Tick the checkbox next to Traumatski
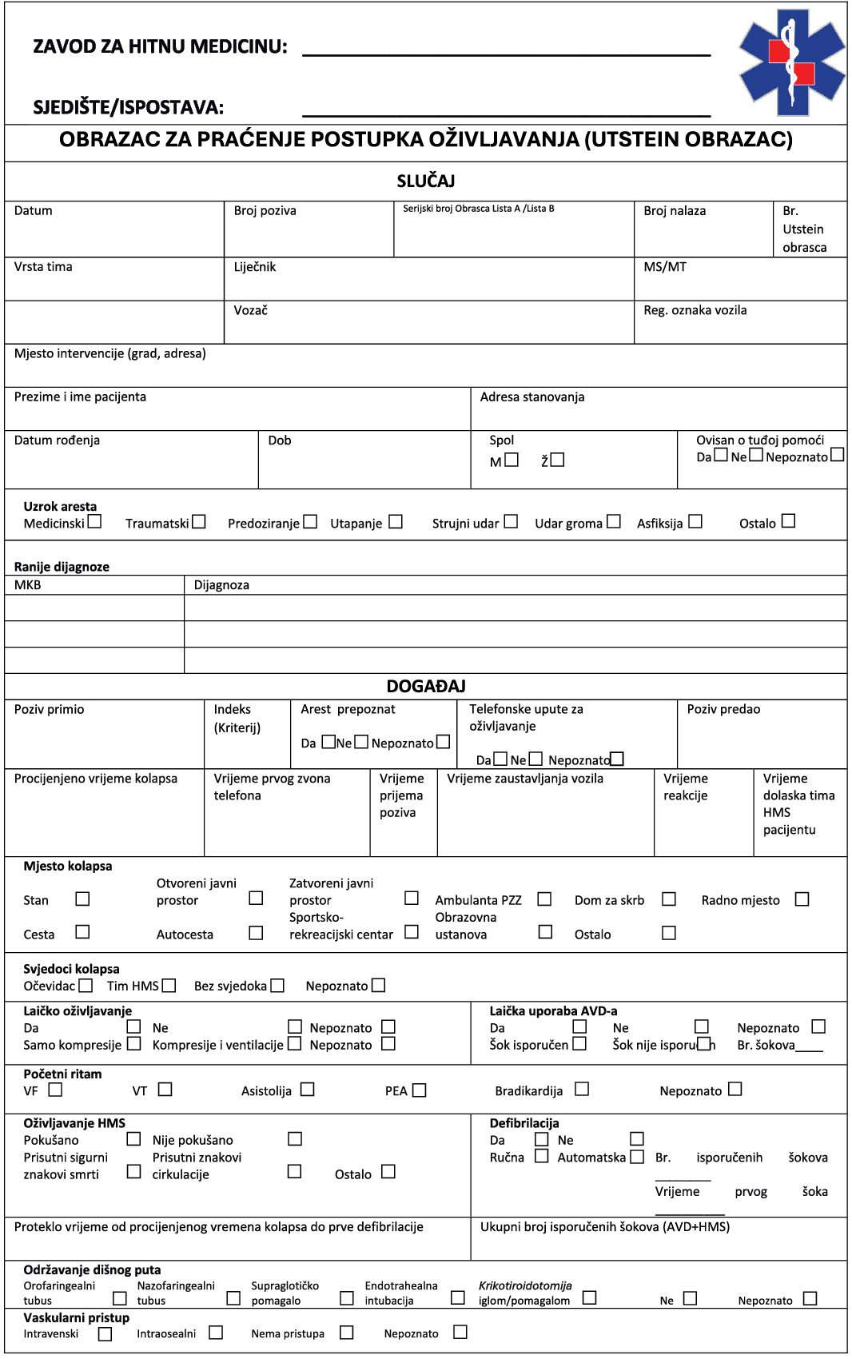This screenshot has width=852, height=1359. click(199, 522)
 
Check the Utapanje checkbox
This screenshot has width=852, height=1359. click(396, 522)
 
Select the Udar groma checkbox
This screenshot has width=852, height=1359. click(614, 522)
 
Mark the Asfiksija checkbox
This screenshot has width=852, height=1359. click(695, 522)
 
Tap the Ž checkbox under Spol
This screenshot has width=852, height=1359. click(558, 460)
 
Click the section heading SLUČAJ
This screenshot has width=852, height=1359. click(426, 181)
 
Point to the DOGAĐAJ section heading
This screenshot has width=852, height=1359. click(426, 687)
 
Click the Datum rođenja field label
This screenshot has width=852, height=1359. click(57, 440)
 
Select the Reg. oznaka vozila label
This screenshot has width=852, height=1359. click(695, 310)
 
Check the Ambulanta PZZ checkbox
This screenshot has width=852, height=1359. click(544, 899)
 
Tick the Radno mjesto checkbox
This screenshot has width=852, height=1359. click(802, 899)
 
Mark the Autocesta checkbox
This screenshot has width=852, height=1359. click(256, 933)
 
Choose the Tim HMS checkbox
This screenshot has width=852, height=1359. click(169, 986)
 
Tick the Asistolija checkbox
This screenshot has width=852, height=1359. click(308, 1090)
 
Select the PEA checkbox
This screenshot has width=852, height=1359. click(420, 1090)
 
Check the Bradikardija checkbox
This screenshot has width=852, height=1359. click(582, 1089)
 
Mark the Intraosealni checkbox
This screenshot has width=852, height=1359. click(216, 1333)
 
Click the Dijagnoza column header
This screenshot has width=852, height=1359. click(221, 585)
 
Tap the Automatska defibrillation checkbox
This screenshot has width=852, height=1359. click(637, 1157)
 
